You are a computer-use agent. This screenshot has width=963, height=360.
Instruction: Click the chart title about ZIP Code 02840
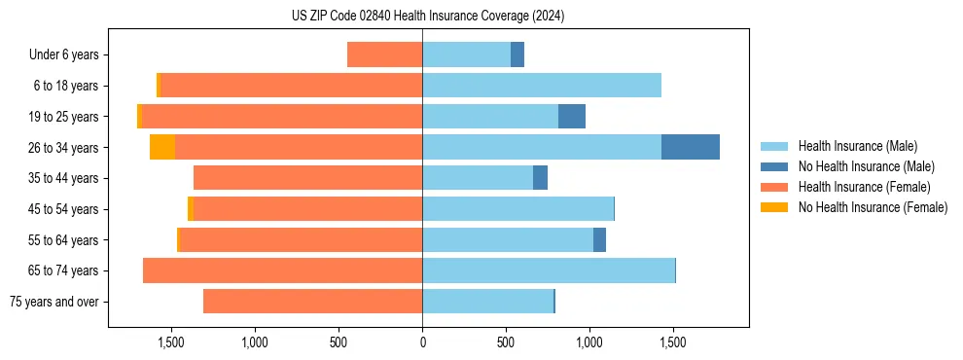[x=428, y=16]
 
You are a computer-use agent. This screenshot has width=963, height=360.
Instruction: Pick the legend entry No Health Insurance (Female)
[x=873, y=207]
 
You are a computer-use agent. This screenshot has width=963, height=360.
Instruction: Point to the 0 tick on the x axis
[x=422, y=342]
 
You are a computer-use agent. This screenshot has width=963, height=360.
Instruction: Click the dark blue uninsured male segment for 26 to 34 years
[x=691, y=147]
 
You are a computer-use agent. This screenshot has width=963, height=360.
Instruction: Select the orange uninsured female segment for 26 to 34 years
[x=162, y=147]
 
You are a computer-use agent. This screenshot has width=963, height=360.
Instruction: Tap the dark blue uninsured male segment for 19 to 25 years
[x=572, y=117]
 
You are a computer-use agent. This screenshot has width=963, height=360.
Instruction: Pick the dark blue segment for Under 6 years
[x=517, y=54]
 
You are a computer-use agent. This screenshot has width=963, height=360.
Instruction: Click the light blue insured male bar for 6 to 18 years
[x=542, y=86]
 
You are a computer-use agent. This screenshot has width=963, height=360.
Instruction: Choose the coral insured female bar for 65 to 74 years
[x=282, y=270]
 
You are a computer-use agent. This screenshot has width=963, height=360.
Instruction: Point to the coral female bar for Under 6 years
[x=384, y=54]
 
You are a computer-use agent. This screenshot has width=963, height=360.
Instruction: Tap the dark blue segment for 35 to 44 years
[x=540, y=178]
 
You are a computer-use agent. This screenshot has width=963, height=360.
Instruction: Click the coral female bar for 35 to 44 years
[x=307, y=178]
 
